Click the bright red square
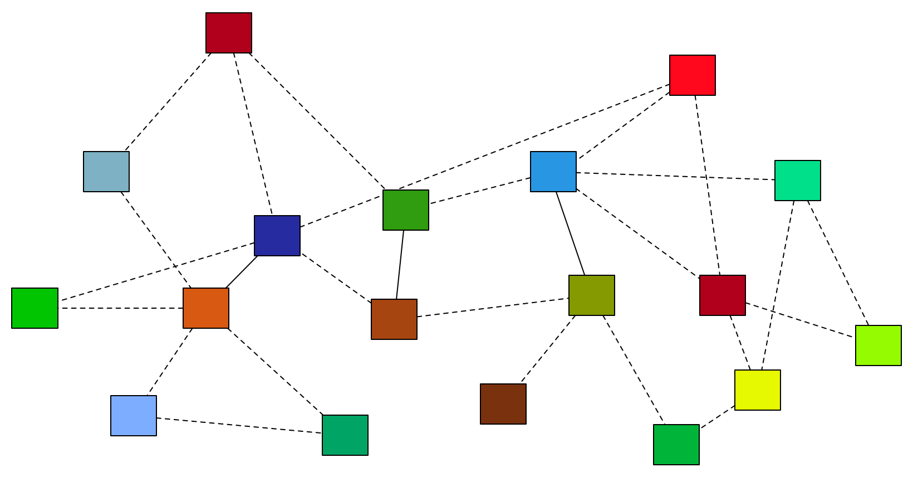click(692, 75)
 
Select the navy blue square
click(277, 236)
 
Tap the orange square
click(205, 308)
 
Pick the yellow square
click(757, 390)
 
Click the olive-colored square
click(591, 295)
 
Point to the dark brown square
click(503, 404)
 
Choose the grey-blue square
click(106, 172)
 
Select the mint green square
click(797, 181)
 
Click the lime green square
click(878, 345)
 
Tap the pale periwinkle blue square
click(133, 416)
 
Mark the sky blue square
click(553, 172)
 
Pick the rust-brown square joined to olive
click(394, 319)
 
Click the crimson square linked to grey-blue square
click(228, 33)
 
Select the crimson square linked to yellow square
click(722, 295)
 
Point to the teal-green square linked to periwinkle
click(345, 435)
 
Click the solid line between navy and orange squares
click(242, 272)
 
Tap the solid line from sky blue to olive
click(571, 233)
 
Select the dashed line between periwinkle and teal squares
click(239, 425)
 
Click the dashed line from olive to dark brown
click(548, 349)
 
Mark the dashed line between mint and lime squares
click(838, 262)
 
